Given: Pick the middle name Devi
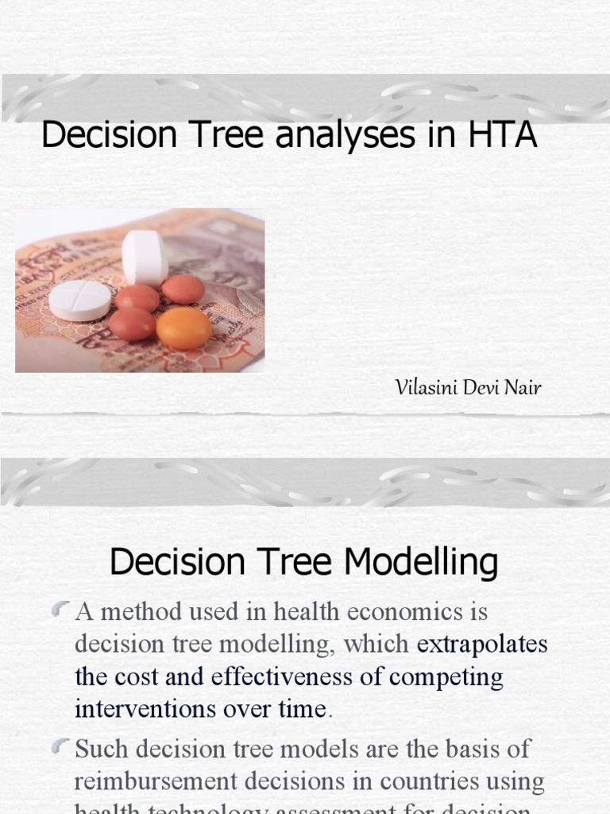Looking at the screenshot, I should pos(481,389).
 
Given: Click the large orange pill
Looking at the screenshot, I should pos(184,328).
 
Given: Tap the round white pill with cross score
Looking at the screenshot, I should pos(80,300).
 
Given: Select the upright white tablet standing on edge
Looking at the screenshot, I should pos(145,257).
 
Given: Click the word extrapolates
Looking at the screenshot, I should pos(482,644).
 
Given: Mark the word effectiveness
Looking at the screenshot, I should pos(300,676).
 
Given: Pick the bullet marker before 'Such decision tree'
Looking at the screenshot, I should pos(61,748).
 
